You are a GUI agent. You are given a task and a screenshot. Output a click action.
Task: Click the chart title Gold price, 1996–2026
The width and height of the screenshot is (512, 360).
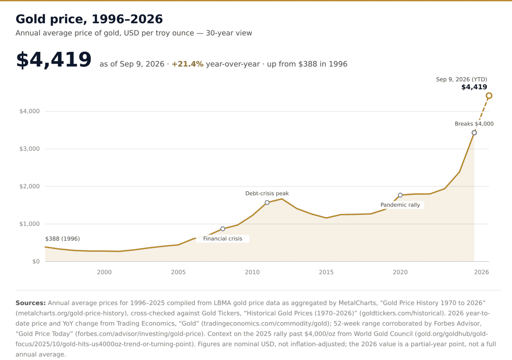coord(89,19)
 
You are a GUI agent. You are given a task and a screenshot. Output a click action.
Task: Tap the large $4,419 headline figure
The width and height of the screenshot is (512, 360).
coord(53,60)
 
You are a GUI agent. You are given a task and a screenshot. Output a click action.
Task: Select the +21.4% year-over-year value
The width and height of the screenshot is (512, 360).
coord(187,64)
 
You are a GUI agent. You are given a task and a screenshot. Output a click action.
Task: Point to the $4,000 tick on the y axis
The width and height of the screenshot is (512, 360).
coord(30,111)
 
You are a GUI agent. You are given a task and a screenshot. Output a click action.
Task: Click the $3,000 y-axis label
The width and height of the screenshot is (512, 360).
coord(30,149)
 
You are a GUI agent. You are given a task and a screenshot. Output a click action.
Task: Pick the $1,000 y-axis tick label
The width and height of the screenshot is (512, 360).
coord(30,224)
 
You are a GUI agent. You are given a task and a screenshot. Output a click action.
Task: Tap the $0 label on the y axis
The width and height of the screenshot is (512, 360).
coord(36,261)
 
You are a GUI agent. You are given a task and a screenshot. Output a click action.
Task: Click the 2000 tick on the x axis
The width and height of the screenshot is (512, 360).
coord(104,272)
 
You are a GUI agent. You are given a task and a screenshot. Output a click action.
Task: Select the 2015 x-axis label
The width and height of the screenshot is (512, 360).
coord(326,272)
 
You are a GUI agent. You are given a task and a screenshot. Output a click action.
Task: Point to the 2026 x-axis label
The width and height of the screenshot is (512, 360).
coord(481,272)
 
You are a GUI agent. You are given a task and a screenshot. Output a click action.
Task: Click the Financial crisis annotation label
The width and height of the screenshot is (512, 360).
coord(223,239)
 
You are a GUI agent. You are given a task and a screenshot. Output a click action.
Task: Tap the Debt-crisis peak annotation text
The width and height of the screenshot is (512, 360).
coord(267,194)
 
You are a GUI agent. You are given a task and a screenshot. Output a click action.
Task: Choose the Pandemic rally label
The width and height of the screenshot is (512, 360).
coord(400,205)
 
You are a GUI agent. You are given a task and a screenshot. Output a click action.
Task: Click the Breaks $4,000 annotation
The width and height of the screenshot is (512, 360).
coord(474,124)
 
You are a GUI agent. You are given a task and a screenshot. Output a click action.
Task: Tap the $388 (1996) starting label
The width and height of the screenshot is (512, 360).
coord(63,239)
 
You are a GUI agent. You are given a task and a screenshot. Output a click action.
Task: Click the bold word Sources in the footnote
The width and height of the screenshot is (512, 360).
coord(31,303)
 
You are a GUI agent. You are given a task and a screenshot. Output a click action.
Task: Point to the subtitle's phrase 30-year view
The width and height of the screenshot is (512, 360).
coord(229,33)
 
